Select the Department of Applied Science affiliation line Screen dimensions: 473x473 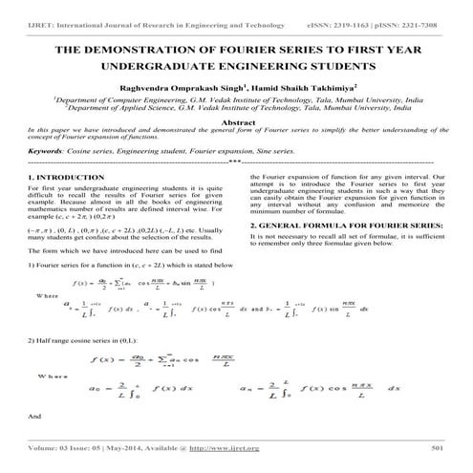coord(235,108)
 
